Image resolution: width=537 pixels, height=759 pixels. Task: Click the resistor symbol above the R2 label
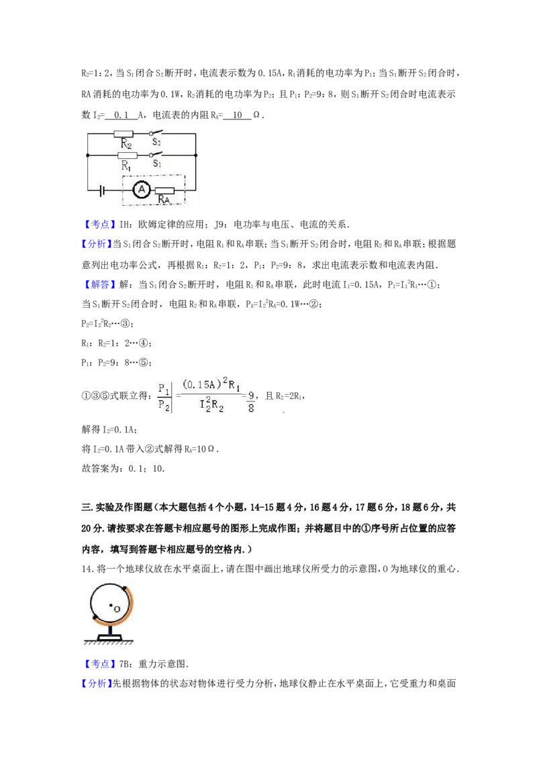(124, 134)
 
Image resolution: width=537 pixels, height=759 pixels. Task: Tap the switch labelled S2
(156, 133)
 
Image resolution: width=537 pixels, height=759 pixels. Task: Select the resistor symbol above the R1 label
(127, 155)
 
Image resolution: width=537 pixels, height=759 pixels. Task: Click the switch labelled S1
(156, 154)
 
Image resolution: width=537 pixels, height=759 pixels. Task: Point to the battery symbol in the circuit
(102, 190)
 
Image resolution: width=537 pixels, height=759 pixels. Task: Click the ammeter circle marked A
(141, 190)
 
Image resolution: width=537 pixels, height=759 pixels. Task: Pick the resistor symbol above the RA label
(164, 190)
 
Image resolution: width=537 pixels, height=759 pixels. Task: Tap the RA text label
(163, 200)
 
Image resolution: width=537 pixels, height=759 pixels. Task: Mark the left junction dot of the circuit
(88, 155)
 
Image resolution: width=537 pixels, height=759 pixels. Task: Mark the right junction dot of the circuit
(195, 155)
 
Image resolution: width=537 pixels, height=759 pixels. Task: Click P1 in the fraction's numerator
(164, 388)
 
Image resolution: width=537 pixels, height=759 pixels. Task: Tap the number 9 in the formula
(251, 394)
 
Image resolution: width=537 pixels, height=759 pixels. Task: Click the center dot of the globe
(111, 605)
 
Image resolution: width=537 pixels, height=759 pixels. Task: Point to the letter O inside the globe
(117, 609)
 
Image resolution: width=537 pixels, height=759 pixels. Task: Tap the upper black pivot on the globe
(124, 589)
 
